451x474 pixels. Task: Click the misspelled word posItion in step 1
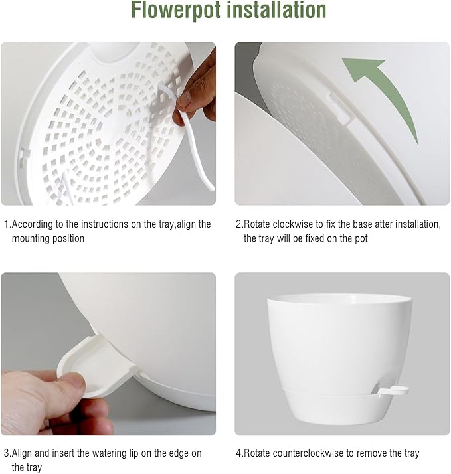click(x=68, y=238)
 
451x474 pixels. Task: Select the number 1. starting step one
click(x=7, y=224)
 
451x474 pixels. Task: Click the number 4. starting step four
click(x=239, y=453)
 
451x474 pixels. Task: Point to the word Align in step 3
click(x=23, y=453)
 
